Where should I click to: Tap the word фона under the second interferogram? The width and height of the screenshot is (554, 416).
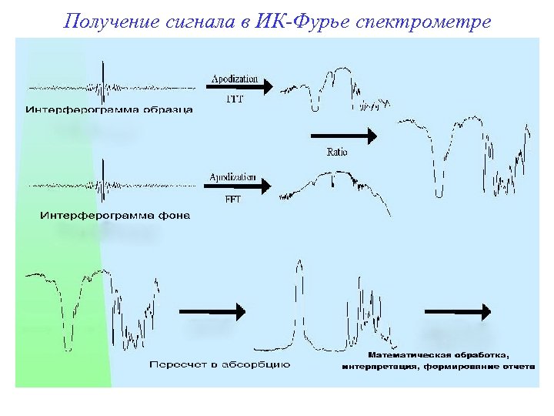(x=171, y=215)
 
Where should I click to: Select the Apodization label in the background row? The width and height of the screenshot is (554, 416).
(x=232, y=177)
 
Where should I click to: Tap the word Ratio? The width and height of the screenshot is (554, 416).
(x=337, y=153)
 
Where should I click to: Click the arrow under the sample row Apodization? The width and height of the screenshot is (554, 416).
(x=242, y=88)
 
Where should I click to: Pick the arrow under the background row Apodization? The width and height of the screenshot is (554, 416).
(x=242, y=186)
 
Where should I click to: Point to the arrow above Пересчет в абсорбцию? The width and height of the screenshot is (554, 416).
(x=213, y=311)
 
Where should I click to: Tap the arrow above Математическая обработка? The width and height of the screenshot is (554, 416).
(x=458, y=311)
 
